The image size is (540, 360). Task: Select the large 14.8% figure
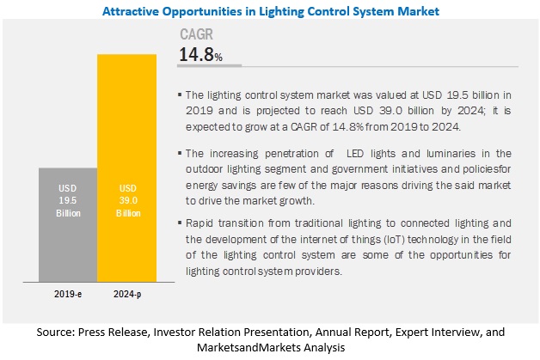(200, 56)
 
